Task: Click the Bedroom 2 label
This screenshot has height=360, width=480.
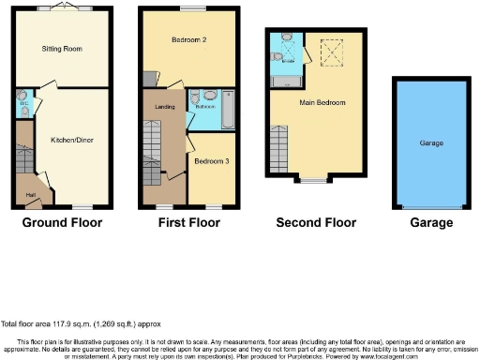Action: (x=190, y=40)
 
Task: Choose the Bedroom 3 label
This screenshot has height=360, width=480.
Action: (x=210, y=160)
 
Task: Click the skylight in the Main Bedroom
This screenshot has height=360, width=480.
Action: (x=332, y=54)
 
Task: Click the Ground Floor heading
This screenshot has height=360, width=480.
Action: (x=63, y=223)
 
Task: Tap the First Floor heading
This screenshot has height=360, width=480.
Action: (x=189, y=223)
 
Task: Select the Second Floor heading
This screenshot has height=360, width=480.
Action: (x=316, y=223)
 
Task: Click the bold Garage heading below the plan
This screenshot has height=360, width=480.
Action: (x=430, y=223)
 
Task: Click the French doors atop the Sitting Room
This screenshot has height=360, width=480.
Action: (x=64, y=7)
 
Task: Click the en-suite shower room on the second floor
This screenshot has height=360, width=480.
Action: (x=285, y=56)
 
